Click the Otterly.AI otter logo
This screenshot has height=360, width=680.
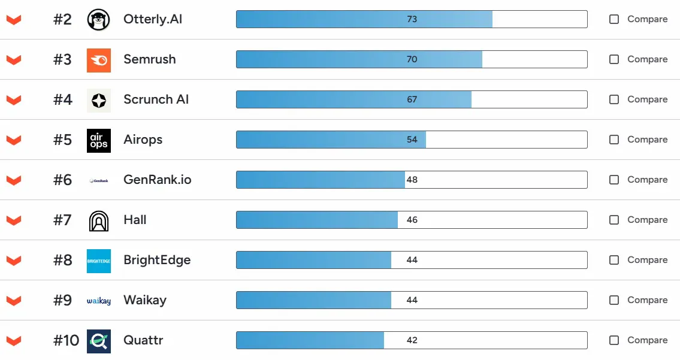point(98,19)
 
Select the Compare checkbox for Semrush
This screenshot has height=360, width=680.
point(614,59)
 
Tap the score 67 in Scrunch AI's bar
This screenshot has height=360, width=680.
point(412,99)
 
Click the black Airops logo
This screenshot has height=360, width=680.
point(98,140)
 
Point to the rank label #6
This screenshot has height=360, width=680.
point(62,180)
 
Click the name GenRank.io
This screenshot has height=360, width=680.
point(157,180)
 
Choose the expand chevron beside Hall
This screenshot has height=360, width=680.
point(14,220)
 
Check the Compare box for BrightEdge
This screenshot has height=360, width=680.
point(614,260)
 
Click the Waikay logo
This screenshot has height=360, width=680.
point(98,301)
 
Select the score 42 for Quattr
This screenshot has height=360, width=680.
point(412,340)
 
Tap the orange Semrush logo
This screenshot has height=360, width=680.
point(98,59)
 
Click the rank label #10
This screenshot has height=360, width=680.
point(66,340)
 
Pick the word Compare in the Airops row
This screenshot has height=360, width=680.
point(647,140)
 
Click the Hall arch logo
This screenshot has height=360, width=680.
point(98,220)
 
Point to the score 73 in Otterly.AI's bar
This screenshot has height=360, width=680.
point(412,19)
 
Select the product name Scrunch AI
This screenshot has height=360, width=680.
point(156,99)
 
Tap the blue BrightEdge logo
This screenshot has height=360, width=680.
point(98,261)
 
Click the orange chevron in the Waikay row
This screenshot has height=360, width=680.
point(14,301)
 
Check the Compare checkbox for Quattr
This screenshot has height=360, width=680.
point(614,340)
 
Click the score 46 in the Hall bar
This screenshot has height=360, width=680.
point(412,220)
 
